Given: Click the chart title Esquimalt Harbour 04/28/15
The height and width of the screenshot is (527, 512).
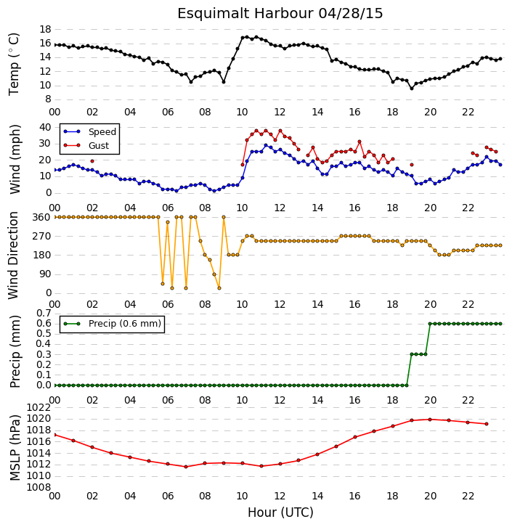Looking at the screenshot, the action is (x=280, y=14).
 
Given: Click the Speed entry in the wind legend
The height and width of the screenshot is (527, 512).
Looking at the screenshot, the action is (x=90, y=132).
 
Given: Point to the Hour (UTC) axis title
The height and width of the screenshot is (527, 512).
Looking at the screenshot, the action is (x=280, y=512).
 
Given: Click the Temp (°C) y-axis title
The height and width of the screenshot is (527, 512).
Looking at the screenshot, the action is (x=14, y=64).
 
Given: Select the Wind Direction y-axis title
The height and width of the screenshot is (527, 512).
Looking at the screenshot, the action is (x=13, y=256).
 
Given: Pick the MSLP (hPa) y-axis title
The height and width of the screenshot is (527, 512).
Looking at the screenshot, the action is (x=15, y=448).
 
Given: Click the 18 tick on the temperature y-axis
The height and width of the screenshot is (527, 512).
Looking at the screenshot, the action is (x=45, y=29).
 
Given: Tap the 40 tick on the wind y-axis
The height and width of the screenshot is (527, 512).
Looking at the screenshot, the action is (x=45, y=127).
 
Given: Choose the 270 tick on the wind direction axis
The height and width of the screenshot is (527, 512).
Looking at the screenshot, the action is (x=41, y=236).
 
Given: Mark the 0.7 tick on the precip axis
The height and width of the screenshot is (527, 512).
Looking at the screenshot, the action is (x=44, y=314).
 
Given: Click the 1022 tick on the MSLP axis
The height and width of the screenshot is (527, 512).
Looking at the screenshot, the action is (x=39, y=408).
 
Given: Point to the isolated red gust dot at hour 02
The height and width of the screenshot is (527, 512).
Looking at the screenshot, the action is (x=92, y=161).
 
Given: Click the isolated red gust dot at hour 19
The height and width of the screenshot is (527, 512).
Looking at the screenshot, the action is (x=412, y=165).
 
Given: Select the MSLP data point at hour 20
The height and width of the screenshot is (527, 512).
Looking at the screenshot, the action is (x=430, y=420).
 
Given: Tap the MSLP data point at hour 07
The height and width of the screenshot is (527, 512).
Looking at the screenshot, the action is (x=186, y=467).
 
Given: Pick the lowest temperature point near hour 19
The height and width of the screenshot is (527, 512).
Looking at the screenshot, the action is (x=412, y=89).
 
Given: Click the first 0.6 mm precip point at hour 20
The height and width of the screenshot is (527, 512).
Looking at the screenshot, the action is (x=430, y=324).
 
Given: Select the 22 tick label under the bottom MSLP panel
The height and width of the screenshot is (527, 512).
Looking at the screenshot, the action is (x=468, y=496).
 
